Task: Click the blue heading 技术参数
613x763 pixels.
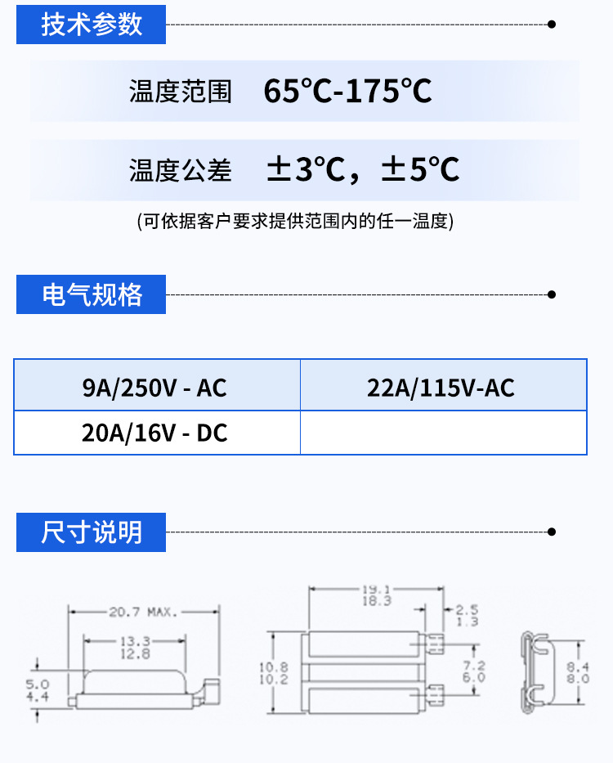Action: [x=92, y=25]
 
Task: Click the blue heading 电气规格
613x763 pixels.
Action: [x=92, y=294]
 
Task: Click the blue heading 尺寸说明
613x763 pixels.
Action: [x=92, y=532]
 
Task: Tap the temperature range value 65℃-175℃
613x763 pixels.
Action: [x=347, y=91]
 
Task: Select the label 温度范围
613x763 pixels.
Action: [x=180, y=92]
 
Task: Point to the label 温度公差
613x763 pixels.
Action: [x=180, y=170]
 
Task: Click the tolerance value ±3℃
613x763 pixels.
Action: [x=306, y=169]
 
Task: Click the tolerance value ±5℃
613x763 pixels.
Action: [x=421, y=169]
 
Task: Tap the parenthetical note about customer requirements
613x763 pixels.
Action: [x=295, y=221]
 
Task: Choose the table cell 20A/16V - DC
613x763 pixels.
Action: [x=154, y=433]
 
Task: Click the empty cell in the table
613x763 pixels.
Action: [x=443, y=433]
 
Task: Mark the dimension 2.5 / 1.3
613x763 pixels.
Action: [x=467, y=615]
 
